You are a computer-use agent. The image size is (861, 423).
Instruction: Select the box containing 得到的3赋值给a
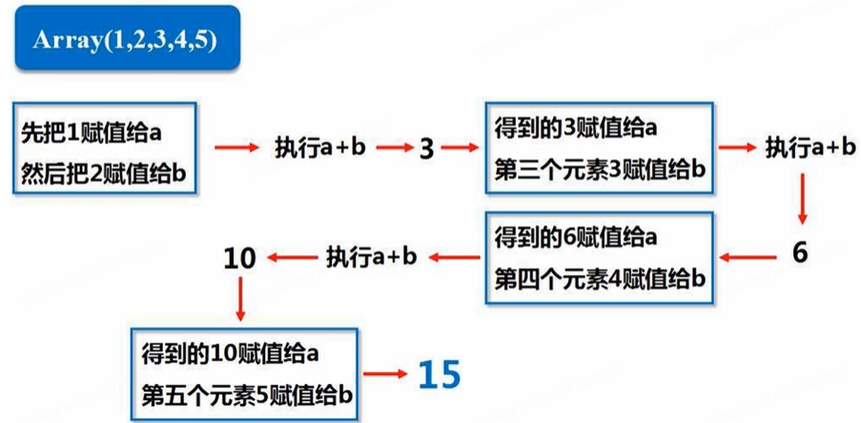click(597, 148)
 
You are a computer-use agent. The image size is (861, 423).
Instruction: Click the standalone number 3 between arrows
click(426, 149)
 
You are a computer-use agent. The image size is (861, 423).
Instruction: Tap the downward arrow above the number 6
click(801, 200)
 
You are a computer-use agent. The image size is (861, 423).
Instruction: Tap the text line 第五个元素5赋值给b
click(246, 393)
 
